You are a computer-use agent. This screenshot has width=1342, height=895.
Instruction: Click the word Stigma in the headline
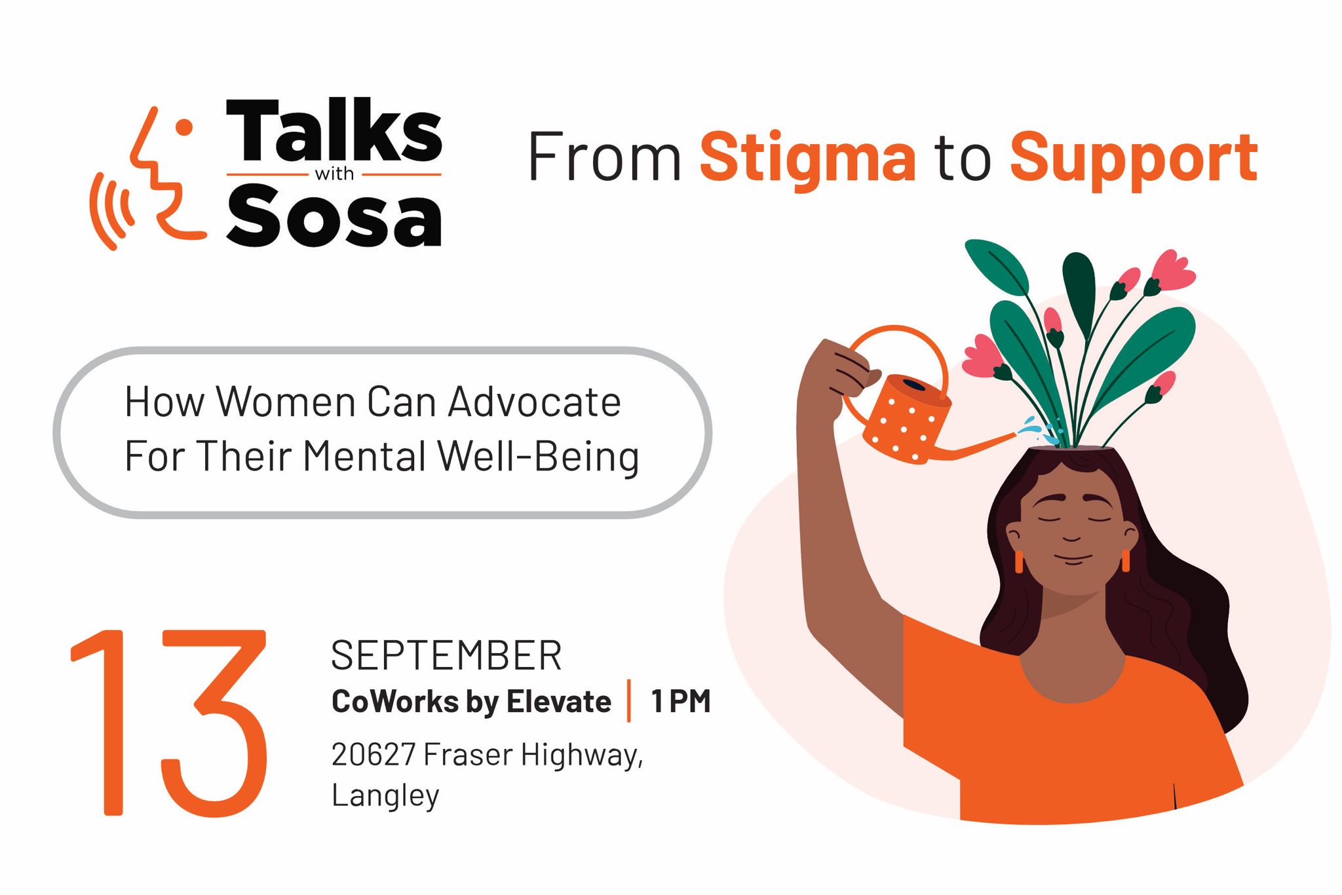[807, 158]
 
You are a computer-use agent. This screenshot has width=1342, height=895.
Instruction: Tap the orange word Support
[1134, 158]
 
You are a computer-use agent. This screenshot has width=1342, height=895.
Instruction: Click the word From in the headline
[604, 157]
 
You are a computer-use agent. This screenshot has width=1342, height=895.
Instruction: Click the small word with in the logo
[334, 174]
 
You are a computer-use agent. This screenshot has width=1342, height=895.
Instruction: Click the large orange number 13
[169, 722]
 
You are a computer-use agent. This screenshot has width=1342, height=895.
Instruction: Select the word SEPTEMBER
[446, 655]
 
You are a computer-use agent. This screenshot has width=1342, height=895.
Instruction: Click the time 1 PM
[681, 702]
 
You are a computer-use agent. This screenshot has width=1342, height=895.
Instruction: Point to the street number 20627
[373, 754]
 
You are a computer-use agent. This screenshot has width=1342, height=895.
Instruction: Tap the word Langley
[385, 796]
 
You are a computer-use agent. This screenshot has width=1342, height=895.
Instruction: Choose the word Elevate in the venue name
[559, 702]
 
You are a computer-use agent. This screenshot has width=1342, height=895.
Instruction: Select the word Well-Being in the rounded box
[538, 457]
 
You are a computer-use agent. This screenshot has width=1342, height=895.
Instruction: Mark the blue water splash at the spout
[1039, 429]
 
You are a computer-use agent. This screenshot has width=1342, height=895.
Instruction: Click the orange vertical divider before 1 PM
[629, 701]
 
